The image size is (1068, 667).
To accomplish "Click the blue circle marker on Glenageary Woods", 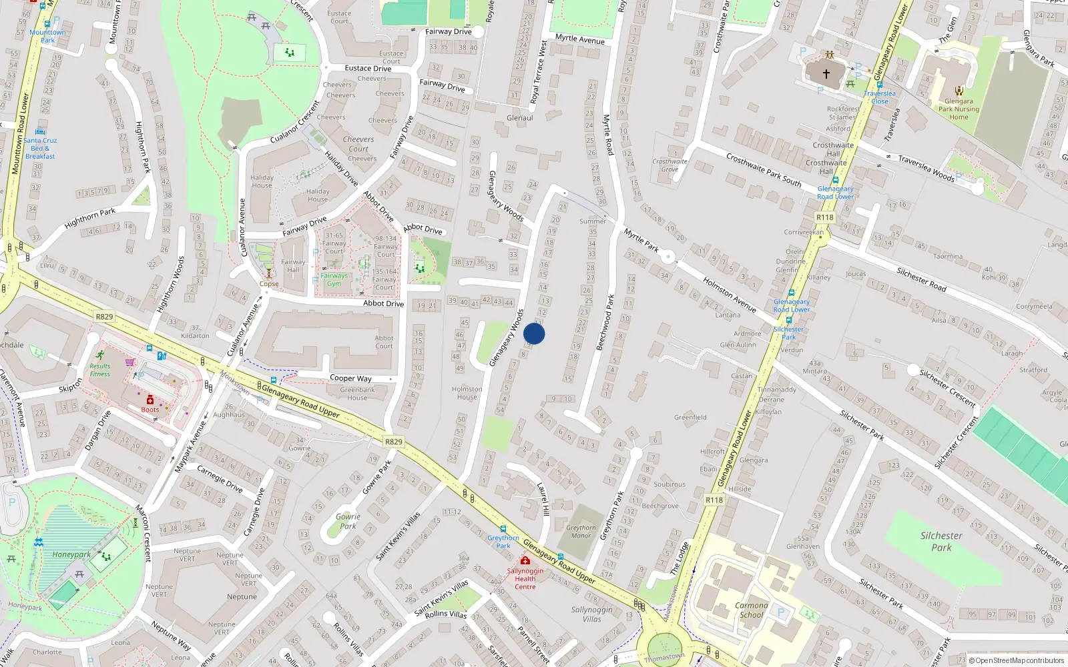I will click(534, 333).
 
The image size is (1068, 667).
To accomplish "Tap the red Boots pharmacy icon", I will click(150, 400).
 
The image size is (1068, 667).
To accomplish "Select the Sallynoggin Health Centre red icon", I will click(525, 561).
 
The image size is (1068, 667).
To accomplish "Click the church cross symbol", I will click(826, 74).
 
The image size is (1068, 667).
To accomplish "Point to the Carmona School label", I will click(752, 610).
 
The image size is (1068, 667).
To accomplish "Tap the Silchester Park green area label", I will click(941, 542).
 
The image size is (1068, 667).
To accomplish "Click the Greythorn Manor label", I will click(581, 532).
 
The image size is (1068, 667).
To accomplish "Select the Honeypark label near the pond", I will click(71, 554).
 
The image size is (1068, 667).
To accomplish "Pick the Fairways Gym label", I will click(334, 279).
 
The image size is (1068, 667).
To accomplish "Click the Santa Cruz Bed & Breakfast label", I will click(40, 148).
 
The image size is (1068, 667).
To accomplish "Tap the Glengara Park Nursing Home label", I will click(959, 109).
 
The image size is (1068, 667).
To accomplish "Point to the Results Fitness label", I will click(100, 370).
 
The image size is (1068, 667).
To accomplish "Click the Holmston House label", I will click(467, 393).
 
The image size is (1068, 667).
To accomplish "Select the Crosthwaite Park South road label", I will click(764, 170).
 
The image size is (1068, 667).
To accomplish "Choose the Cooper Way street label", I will click(350, 378).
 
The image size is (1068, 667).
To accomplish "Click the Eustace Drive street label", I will click(368, 68).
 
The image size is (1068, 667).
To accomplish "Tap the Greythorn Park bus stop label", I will click(503, 542).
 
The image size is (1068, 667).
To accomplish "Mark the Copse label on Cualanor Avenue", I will click(269, 284).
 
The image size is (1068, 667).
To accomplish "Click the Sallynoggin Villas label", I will click(591, 614).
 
